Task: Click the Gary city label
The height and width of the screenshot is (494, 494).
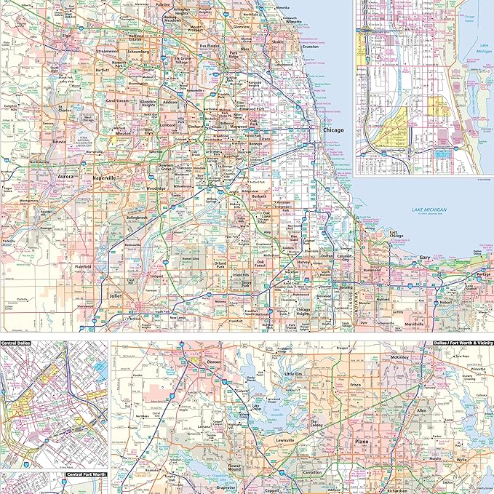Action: [425, 258]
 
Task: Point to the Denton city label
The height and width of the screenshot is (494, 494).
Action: [214, 362]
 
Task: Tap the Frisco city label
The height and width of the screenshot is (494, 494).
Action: [355, 383]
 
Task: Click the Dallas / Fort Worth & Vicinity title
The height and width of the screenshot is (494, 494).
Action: [463, 343]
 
